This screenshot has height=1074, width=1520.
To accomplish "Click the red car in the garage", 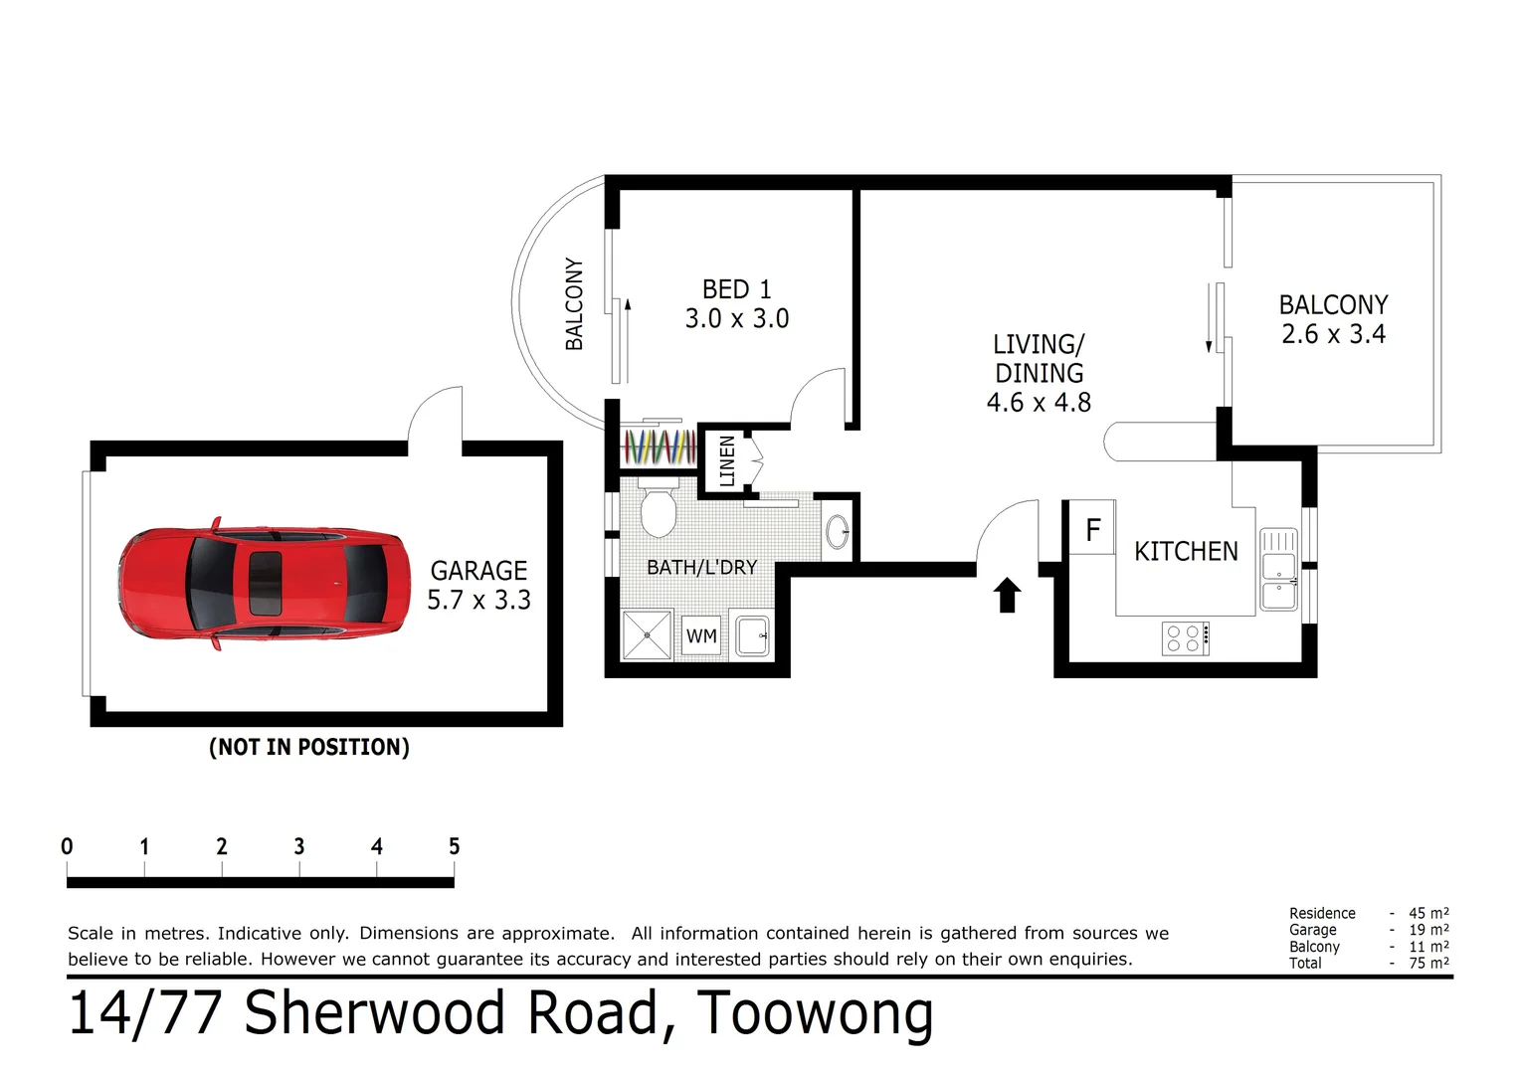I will pos(264,583).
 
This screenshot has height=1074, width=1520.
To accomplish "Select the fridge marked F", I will pos(1092,530).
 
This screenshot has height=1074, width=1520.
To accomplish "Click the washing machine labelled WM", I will pos(701,635).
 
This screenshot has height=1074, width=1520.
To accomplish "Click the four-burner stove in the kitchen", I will pos(1186,638).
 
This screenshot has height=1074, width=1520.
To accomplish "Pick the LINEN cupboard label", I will pos(727,460).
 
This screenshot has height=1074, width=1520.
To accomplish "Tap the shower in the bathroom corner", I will pos(647,635).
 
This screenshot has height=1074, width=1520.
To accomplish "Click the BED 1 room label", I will pos(736,289).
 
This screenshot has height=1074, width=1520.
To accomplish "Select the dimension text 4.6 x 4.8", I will pos(1039,403).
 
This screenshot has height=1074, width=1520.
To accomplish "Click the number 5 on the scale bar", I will pos(454,846).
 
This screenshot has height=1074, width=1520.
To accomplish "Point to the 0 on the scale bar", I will pos(67,846).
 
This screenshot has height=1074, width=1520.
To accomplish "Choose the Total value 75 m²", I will pos(1428,963).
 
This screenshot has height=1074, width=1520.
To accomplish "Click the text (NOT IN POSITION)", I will pos(308,747).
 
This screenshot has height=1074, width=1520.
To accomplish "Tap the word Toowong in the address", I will pos(815,1014).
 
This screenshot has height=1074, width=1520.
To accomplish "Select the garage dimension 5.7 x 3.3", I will pos(478,600).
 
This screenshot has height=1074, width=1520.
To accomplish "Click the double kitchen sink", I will pos(1278,570).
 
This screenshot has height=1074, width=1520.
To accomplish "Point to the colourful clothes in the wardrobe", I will pos(659,447).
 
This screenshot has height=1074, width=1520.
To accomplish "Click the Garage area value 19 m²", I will pos(1428,930).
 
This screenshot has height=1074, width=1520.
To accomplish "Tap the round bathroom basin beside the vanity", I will pos(838,532).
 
